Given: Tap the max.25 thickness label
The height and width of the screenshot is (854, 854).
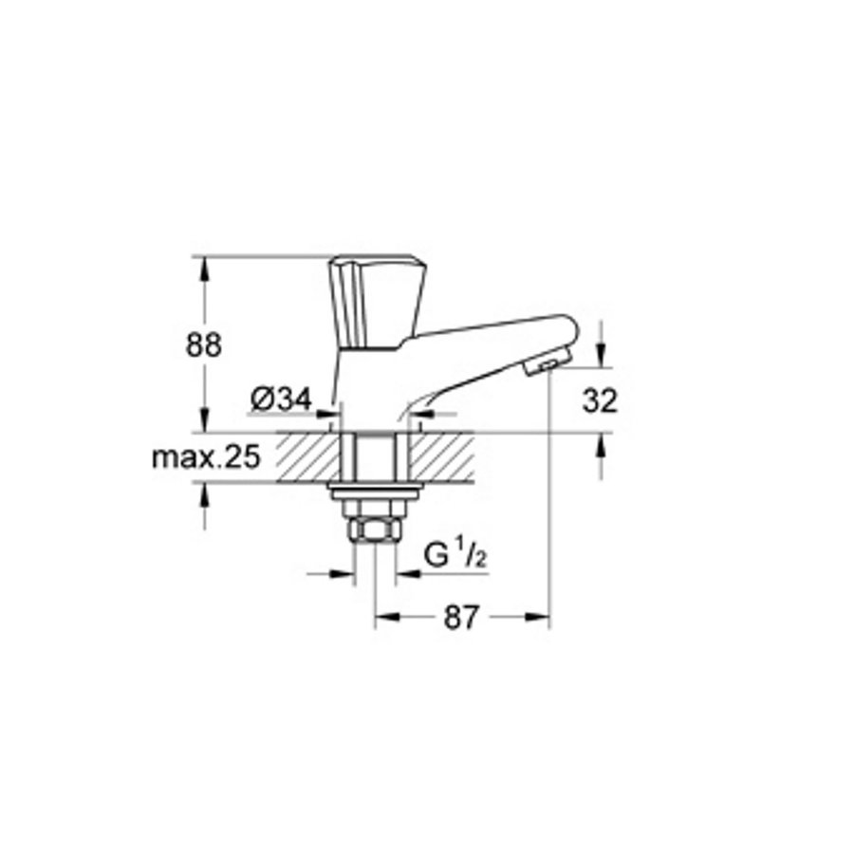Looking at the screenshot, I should (x=206, y=458).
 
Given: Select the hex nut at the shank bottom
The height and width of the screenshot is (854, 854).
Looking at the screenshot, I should (x=371, y=529).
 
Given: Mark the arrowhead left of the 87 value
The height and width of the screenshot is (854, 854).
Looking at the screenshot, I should (x=384, y=617).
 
